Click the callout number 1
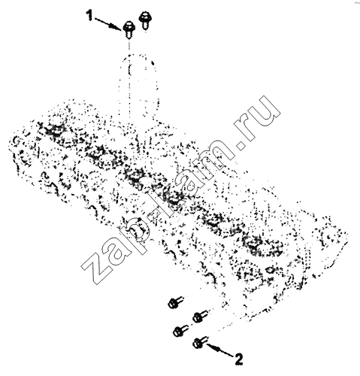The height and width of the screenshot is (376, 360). point(89,16)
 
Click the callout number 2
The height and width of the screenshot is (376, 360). point(239,359)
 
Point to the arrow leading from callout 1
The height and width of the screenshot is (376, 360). point(108,24)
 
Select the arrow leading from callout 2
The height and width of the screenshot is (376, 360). point(220,350)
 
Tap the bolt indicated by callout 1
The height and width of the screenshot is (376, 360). point(129,29)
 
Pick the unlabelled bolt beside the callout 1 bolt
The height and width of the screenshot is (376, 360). point(144,20)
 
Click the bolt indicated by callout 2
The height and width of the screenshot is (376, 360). point(200,342)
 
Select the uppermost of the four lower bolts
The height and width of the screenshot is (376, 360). point(175,302)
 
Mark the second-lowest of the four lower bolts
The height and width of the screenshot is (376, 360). point(180,331)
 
